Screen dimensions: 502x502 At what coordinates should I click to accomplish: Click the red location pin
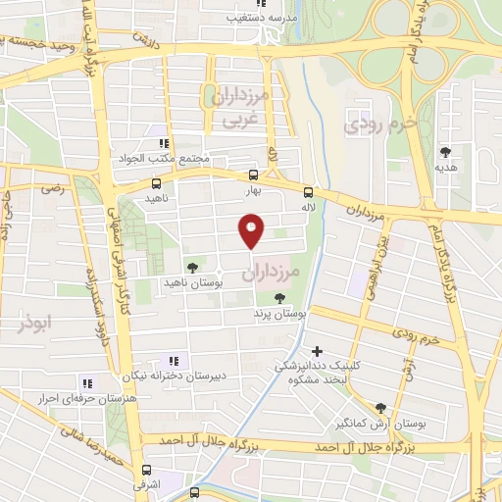252,230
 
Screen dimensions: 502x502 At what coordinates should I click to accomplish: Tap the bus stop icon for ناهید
156,182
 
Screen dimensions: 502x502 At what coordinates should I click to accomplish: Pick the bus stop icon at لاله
308,192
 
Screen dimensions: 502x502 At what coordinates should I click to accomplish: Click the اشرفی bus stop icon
146,470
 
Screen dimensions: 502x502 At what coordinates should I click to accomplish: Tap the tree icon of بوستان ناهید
192,266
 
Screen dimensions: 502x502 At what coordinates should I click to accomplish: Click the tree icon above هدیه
447,151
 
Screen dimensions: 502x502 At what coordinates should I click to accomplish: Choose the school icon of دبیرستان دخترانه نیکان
176,360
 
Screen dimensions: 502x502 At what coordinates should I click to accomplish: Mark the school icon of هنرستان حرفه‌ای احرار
86,383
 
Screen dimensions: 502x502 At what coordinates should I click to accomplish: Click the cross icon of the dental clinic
316,350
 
